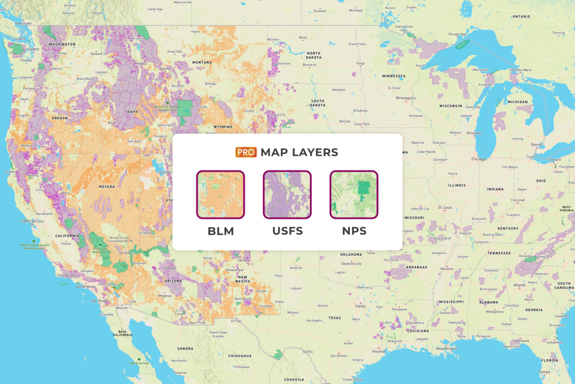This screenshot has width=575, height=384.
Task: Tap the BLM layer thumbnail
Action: coord(220,195)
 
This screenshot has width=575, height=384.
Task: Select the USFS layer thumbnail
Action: coord(287,195)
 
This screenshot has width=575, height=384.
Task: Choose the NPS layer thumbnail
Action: coord(354,195)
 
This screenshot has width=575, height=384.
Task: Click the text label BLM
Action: coord(220,231)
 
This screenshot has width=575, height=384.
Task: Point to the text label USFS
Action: coord(287,231)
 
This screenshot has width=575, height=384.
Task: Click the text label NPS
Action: coord(354,231)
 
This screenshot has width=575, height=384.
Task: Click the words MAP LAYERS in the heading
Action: coord(299,152)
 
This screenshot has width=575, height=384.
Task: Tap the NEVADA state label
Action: coord(107,187)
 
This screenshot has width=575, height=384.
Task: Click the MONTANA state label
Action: coord(202,62)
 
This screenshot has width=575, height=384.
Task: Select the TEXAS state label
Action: coord(335,318)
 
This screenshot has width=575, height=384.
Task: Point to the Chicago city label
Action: coord(478,159)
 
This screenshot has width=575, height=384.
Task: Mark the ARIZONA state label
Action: coord(173,281)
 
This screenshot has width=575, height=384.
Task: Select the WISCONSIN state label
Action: coord(450,105)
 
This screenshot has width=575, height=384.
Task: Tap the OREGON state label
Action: coord(60,118)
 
